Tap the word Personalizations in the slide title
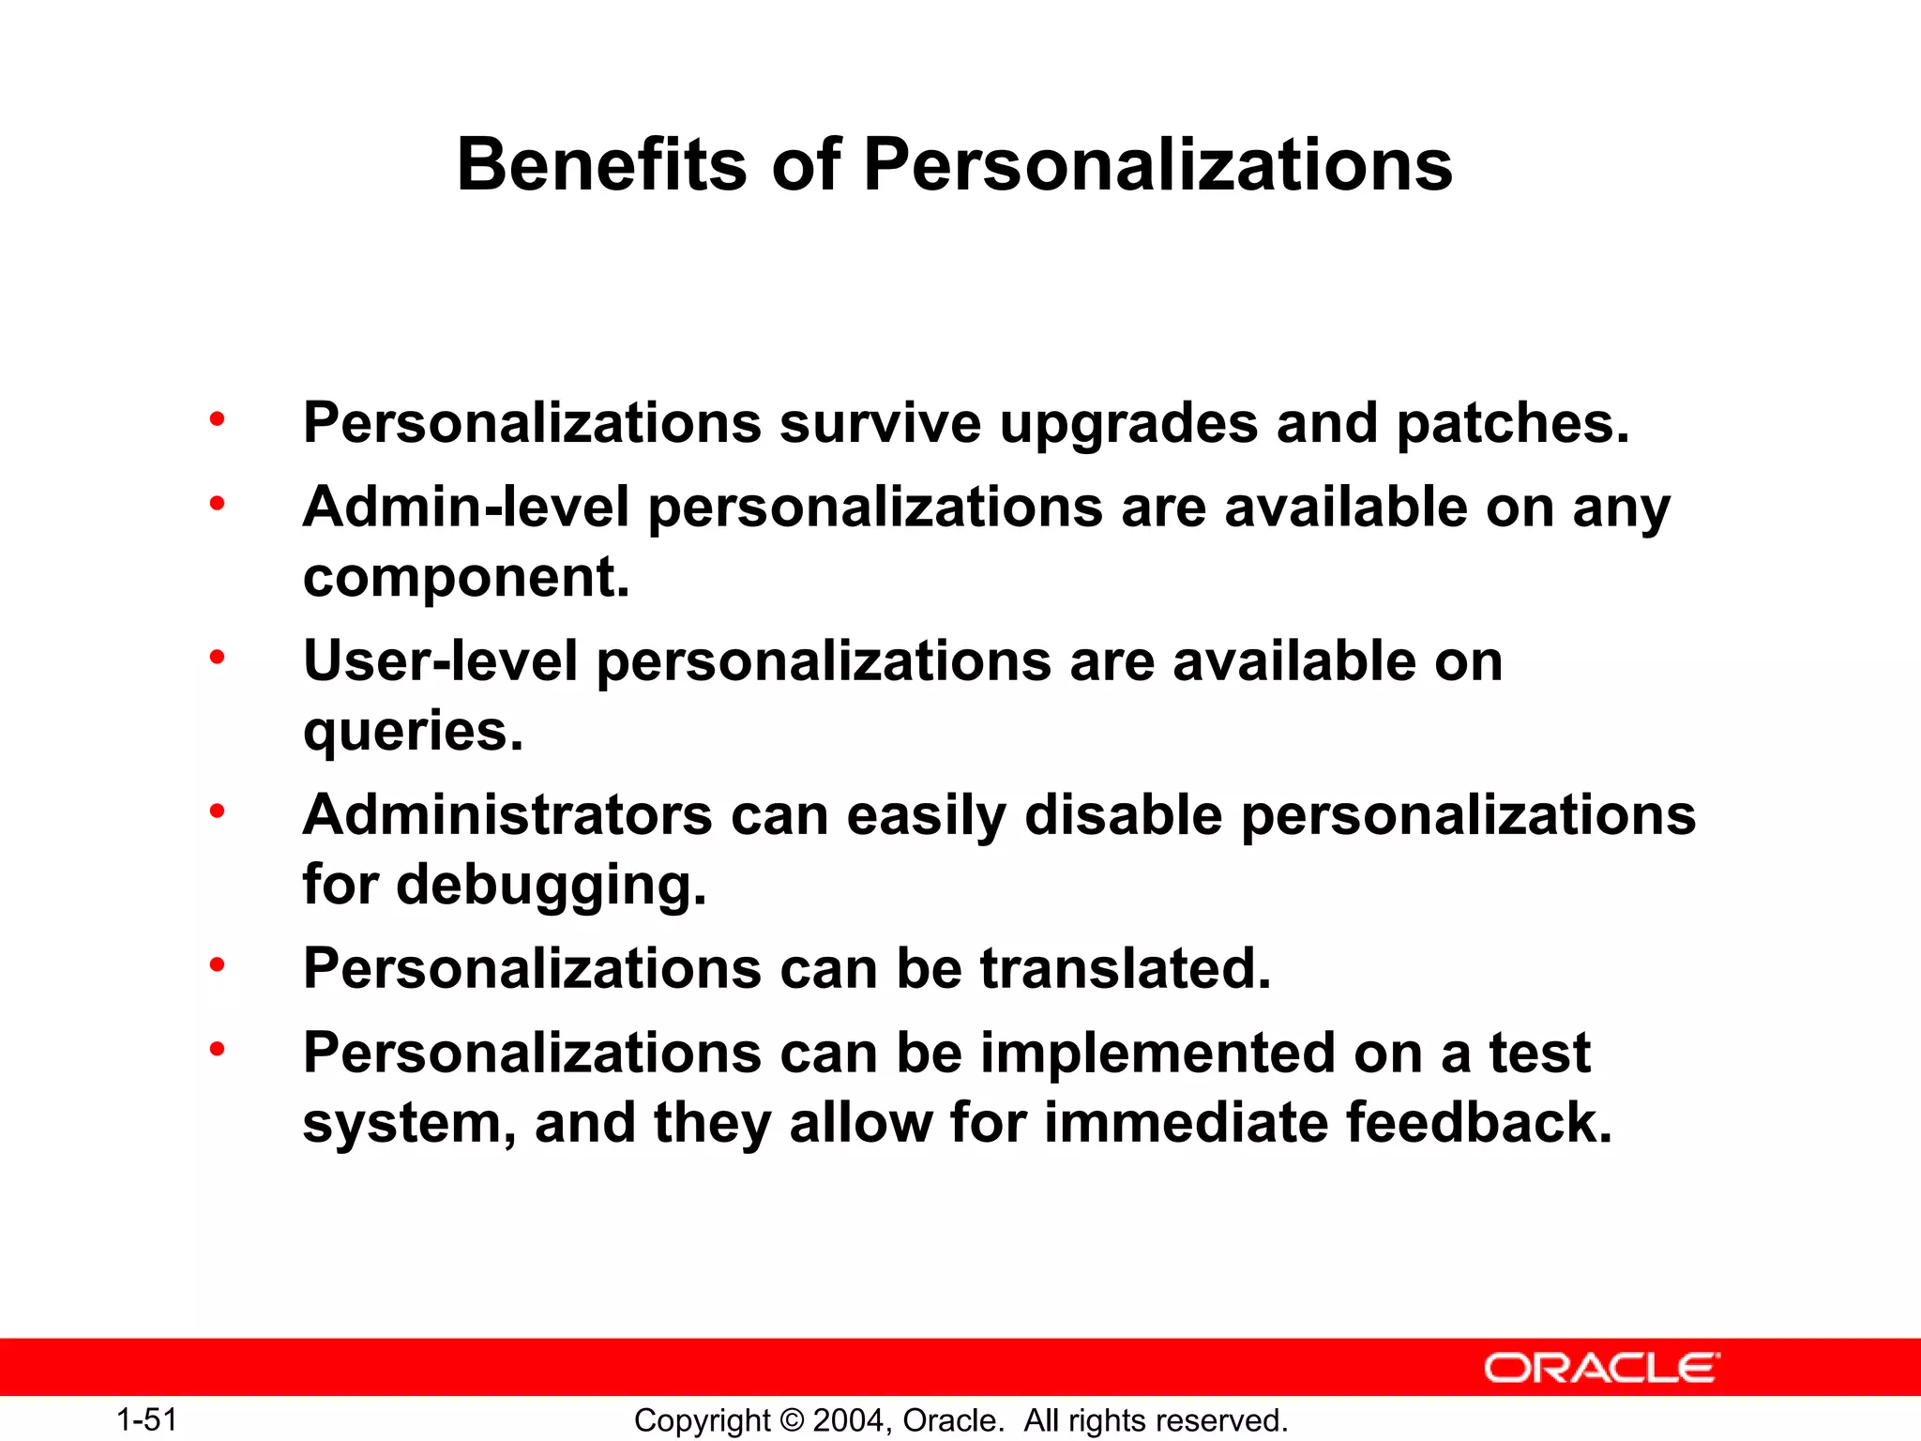(x=1157, y=165)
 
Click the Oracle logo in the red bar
(x=1601, y=1369)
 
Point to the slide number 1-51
(x=147, y=1419)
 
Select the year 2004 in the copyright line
(x=848, y=1420)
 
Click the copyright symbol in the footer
(x=792, y=1420)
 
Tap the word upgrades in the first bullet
(x=1128, y=424)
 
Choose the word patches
(x=1513, y=424)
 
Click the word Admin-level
(x=466, y=508)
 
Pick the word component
(x=466, y=578)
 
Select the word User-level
(x=440, y=661)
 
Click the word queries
(x=413, y=731)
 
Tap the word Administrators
(x=507, y=814)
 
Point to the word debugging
(x=552, y=886)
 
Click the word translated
(x=1126, y=968)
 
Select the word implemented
(x=1157, y=1053)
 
